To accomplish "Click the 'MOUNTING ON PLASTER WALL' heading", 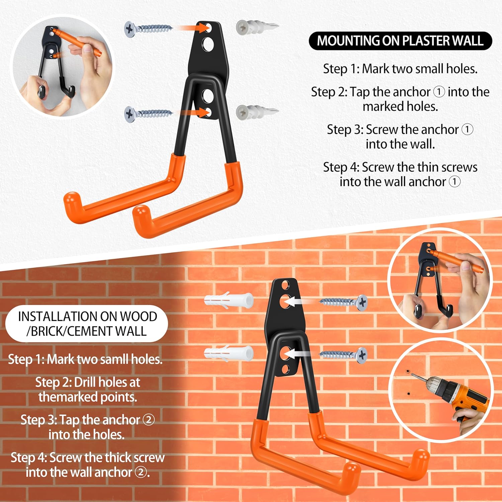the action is [x=400, y=41].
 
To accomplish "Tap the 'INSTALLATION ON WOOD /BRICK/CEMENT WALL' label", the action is [x=87, y=324].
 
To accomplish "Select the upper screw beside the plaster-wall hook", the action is [x=148, y=29].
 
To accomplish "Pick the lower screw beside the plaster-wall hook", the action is [x=148, y=114].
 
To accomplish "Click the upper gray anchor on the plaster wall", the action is [x=257, y=27].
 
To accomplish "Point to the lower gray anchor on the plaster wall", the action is [x=257, y=112].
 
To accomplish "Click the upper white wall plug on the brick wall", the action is [x=229, y=301].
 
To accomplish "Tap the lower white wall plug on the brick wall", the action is [x=229, y=353].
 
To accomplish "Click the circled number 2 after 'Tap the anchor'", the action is [x=149, y=420].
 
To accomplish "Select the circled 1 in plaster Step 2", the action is [x=439, y=92].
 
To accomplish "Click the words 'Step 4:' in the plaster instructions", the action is [x=341, y=167].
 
